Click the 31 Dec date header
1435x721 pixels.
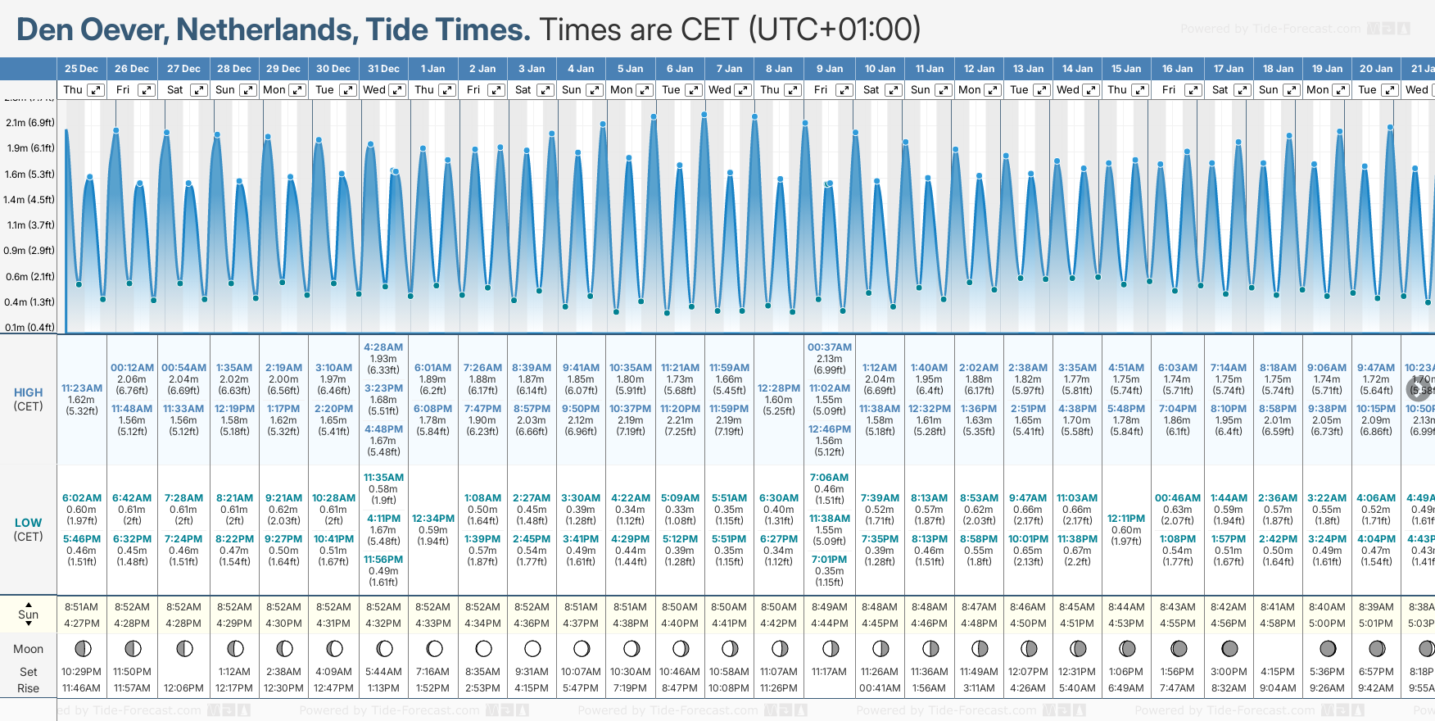click(383, 69)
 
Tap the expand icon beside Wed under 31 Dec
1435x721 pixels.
click(396, 90)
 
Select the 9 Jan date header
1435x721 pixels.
click(830, 69)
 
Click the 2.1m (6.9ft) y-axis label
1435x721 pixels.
click(30, 123)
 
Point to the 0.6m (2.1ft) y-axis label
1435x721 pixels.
click(30, 277)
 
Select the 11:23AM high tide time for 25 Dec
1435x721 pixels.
click(82, 388)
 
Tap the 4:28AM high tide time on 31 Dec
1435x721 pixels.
click(383, 347)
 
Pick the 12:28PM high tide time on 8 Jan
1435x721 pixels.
click(778, 388)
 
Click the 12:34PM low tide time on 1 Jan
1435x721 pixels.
click(433, 519)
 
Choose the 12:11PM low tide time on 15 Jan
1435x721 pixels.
click(1126, 519)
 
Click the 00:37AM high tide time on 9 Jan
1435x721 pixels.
click(830, 347)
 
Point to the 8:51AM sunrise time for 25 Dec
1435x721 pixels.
click(82, 607)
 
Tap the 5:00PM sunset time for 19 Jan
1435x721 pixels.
click(1327, 624)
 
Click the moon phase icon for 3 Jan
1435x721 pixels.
click(532, 649)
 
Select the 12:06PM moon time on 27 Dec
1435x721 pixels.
click(183, 688)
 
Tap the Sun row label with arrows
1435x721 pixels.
click(28, 614)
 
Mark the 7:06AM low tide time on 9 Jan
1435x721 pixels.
click(830, 478)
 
